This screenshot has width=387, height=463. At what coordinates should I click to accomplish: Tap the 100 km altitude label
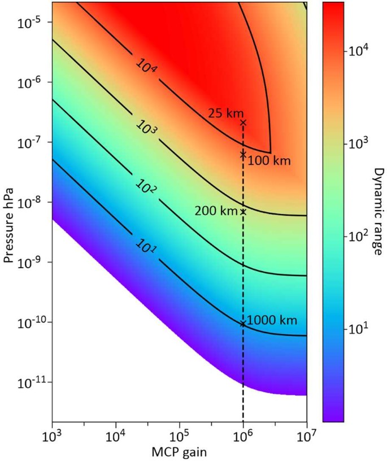[x=269, y=161]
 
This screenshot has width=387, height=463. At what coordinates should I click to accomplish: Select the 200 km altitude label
[x=215, y=211]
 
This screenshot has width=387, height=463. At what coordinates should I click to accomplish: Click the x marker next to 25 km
[x=243, y=122]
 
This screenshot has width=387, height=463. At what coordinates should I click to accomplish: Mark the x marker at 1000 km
[x=243, y=324]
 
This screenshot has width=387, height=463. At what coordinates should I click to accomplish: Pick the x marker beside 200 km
[x=243, y=212]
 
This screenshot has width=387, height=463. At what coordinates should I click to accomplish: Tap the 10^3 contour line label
[x=146, y=128]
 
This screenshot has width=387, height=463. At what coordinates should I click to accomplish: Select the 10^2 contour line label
[x=145, y=187]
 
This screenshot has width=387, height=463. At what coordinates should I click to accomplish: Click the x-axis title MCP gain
[x=179, y=452]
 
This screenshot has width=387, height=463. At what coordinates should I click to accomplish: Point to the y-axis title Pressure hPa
[x=7, y=212]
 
